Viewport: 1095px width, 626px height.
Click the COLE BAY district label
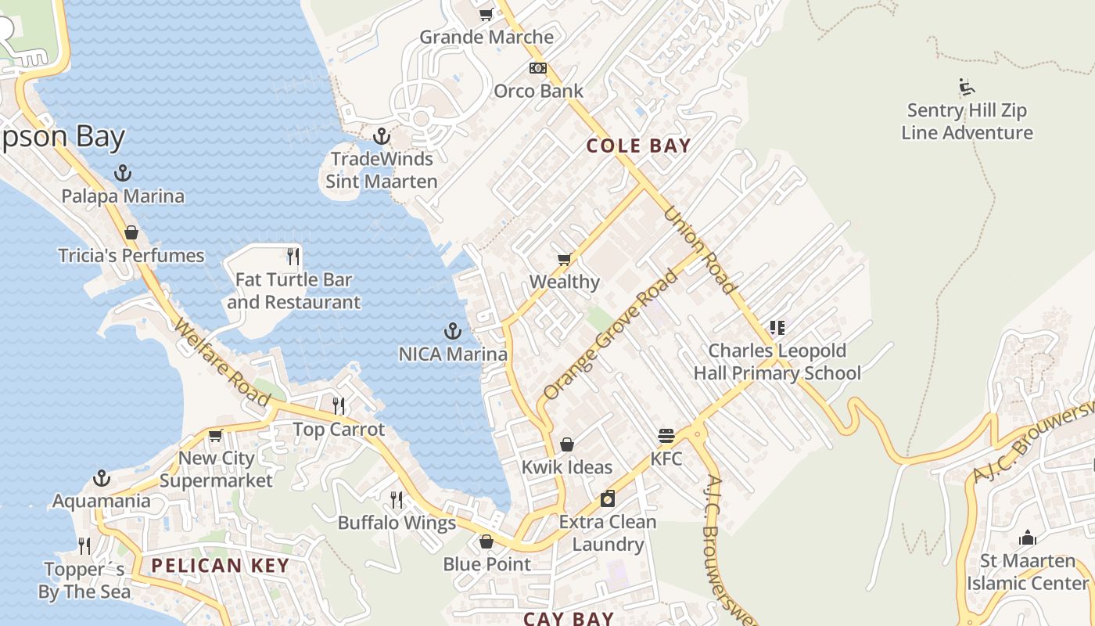tap(638, 146)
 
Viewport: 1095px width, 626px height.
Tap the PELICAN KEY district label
tap(220, 565)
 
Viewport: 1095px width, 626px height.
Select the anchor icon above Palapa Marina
tap(123, 173)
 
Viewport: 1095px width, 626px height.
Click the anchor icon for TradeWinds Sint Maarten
tap(381, 137)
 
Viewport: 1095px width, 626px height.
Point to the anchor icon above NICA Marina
tap(452, 331)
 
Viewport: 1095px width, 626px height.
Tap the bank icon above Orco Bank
tap(537, 68)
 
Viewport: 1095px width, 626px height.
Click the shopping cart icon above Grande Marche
tap(486, 14)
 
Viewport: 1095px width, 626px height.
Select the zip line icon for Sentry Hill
tap(967, 87)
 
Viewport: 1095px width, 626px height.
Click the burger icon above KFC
tap(666, 436)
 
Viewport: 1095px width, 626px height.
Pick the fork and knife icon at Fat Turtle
tap(293, 256)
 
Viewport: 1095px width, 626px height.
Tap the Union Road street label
tap(700, 250)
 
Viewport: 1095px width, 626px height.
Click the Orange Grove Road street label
tap(610, 335)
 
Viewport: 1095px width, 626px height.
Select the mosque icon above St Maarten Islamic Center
tap(1028, 538)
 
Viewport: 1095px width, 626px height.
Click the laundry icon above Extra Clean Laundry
tap(608, 498)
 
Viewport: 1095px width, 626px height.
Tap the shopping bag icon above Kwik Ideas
tap(567, 444)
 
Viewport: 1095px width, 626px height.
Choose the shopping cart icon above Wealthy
tap(564, 259)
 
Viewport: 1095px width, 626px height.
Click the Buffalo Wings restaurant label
tap(397, 523)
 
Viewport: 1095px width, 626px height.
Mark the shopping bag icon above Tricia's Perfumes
tap(131, 232)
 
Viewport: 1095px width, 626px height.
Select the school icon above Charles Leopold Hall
tap(777, 327)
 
